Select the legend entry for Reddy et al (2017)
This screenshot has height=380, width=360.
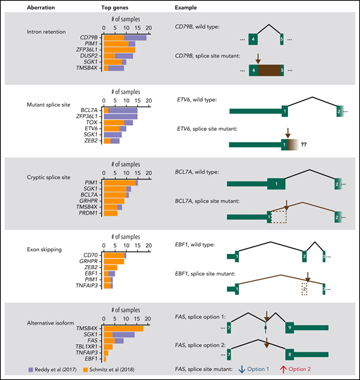37,370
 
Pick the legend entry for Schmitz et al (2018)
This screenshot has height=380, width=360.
114,370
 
